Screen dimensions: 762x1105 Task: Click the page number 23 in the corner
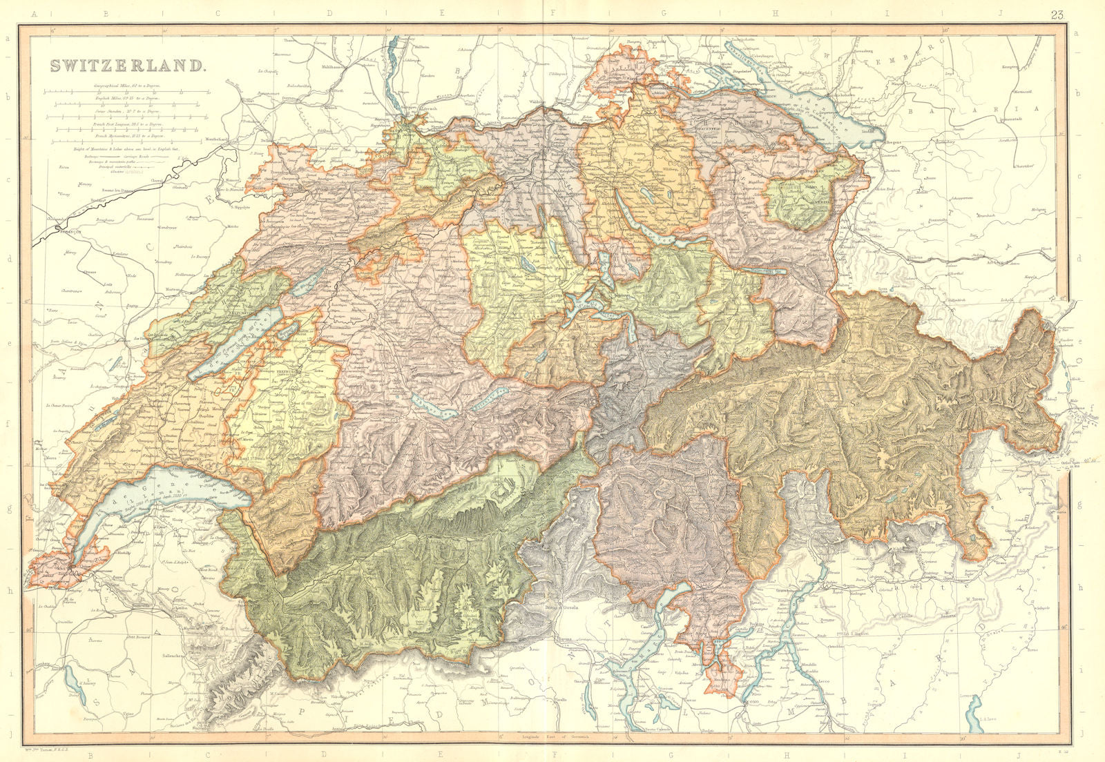click(1057, 15)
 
